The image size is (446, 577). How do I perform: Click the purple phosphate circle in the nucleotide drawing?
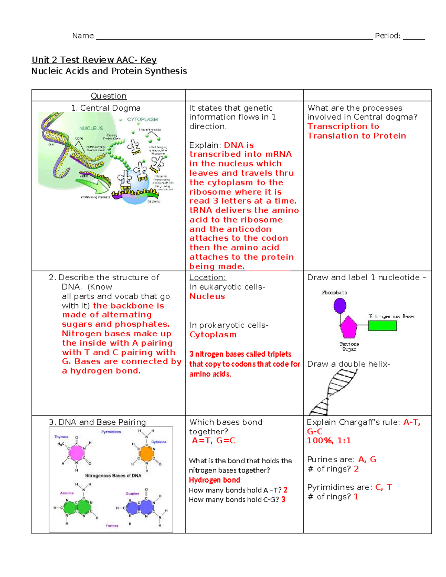(x=340, y=306)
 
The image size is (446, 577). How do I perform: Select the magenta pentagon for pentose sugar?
(x=348, y=327)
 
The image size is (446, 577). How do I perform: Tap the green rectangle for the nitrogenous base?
(x=382, y=326)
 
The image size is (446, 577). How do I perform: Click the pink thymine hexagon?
(x=77, y=453)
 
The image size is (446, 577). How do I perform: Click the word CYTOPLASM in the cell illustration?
(x=142, y=120)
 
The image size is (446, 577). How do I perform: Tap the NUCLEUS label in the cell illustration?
(x=91, y=128)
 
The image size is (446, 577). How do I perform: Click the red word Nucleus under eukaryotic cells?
(x=207, y=296)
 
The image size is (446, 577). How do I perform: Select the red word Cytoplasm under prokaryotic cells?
(x=213, y=335)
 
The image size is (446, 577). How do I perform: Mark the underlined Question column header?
(x=109, y=96)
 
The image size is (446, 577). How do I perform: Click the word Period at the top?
(x=387, y=36)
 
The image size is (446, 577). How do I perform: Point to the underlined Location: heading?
(x=207, y=278)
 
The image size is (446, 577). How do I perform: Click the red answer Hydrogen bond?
(x=214, y=480)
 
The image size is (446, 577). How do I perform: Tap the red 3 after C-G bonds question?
(x=283, y=499)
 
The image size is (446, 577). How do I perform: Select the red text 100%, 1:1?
(x=329, y=441)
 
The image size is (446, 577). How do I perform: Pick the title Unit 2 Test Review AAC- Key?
(x=94, y=60)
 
